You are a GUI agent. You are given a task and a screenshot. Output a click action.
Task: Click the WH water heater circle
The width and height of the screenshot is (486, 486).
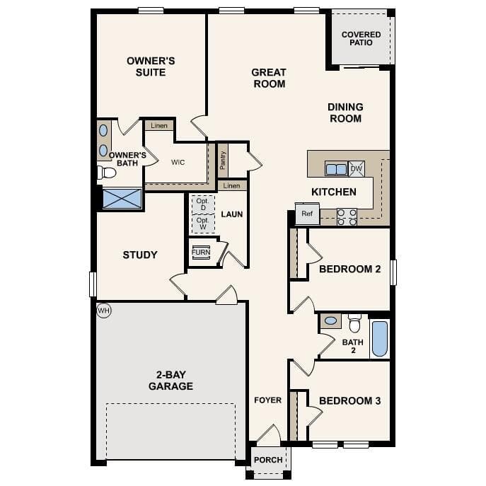103,311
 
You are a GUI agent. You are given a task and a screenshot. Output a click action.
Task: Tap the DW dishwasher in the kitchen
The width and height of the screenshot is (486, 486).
357,168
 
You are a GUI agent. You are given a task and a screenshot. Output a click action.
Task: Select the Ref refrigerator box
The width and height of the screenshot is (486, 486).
307,214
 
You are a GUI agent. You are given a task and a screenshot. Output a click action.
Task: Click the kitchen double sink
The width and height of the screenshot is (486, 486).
336,169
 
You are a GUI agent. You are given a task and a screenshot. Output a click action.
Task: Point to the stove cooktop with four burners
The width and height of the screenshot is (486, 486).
347,217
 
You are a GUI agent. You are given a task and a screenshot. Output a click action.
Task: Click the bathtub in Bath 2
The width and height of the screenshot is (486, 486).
380,339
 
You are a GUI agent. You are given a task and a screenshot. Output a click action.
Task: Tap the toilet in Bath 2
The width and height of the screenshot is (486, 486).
354,323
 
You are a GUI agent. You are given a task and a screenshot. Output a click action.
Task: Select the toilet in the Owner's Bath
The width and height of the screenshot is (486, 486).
106,173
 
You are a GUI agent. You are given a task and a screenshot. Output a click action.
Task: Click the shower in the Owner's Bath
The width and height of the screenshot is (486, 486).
122,198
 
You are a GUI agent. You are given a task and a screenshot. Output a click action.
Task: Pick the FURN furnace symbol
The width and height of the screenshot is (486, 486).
201,252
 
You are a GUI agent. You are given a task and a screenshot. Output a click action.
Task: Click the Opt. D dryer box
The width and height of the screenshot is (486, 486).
203,204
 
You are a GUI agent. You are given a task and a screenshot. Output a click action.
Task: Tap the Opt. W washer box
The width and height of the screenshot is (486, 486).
203,224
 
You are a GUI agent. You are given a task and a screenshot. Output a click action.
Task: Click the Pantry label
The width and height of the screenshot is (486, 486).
223,161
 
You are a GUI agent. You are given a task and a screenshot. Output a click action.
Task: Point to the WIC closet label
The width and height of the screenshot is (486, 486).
178,162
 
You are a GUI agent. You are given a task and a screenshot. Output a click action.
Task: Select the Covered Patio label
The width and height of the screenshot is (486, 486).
361,38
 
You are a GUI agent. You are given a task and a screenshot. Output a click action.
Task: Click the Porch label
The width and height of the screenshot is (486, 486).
268,460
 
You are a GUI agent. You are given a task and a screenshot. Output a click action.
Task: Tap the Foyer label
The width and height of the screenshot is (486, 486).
268,400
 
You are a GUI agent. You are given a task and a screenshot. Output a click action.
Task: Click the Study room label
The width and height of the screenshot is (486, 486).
140,255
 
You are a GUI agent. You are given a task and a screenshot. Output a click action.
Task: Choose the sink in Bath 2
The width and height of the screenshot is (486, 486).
330,320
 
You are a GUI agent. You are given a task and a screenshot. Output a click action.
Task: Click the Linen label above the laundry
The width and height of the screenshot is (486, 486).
231,185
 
